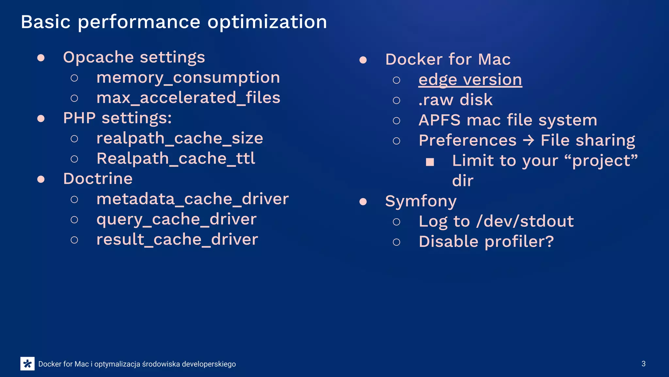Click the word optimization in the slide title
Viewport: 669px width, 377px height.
pos(267,22)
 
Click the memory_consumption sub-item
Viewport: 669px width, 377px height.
pos(188,78)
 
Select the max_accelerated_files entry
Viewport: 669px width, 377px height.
pos(188,98)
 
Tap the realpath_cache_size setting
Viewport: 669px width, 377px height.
pos(180,138)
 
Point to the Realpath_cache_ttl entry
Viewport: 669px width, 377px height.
pos(176,159)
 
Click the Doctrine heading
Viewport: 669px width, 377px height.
pos(98,179)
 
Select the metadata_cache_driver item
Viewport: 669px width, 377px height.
pos(192,199)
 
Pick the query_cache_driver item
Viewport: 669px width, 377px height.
pos(176,219)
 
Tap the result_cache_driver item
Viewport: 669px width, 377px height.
pos(177,240)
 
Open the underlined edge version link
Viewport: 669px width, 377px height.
pos(470,80)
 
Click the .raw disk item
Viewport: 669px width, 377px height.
pos(455,100)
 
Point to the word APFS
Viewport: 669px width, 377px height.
pos(440,120)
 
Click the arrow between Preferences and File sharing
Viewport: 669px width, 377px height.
pos(528,141)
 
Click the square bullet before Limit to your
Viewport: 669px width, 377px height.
pos(430,162)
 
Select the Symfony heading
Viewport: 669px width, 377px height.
pos(421,201)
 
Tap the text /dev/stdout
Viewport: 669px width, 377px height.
pos(525,222)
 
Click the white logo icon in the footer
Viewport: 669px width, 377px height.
pos(27,364)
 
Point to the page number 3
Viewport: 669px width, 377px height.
pos(643,364)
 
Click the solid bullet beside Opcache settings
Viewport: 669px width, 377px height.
pos(41,58)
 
